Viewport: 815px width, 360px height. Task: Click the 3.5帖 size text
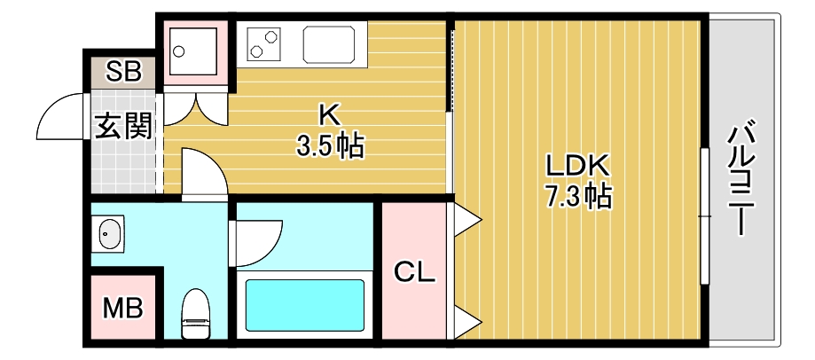330,146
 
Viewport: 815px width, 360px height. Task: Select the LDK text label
576,165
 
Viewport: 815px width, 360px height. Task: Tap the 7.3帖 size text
578,196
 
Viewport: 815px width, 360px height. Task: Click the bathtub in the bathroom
304,305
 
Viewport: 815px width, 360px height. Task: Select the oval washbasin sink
109,235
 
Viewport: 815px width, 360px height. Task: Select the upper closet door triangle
466,218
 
